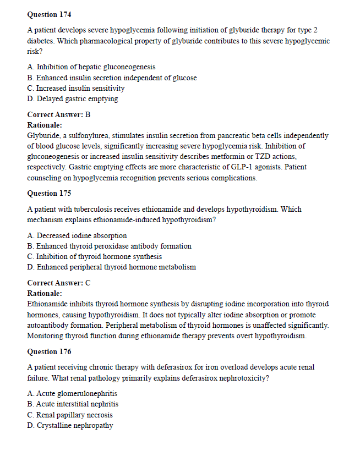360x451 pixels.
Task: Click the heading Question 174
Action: [49, 14]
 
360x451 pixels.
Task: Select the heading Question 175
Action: [49, 193]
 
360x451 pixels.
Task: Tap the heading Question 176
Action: [49, 351]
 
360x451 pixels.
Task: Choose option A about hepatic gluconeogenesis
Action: [91, 67]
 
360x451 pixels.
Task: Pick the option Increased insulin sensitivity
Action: [76, 88]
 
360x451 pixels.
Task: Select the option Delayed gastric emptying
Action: [72, 99]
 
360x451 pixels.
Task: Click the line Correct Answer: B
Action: [58, 114]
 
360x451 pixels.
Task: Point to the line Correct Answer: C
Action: [58, 283]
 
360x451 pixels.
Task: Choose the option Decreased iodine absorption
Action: [77, 235]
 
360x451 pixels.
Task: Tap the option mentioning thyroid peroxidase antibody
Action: [109, 246]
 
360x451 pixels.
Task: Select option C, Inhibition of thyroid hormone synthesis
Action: [94, 256]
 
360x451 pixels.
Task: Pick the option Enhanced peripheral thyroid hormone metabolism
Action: [111, 267]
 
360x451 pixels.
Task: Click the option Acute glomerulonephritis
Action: [72, 393]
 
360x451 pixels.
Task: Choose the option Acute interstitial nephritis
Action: [73, 404]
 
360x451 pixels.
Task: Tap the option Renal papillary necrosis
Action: [70, 415]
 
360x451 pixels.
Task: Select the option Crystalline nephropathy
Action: [70, 425]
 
